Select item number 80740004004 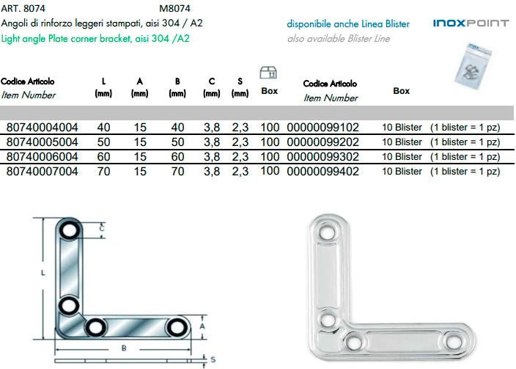[x=42, y=127]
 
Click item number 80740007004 [x=42, y=171]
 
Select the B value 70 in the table [x=177, y=171]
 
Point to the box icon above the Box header [x=269, y=73]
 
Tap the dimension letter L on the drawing [x=43, y=273]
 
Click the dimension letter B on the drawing [x=125, y=347]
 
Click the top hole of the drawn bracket [x=69, y=232]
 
